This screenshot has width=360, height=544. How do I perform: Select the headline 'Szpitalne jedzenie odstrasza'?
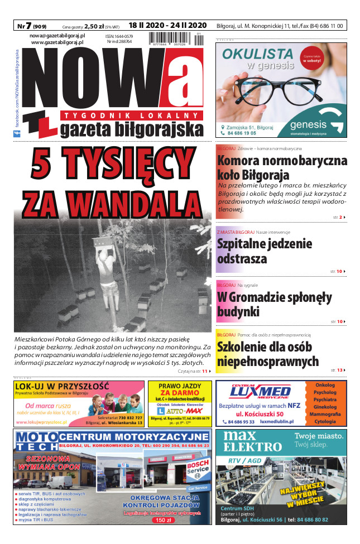pos(264,252)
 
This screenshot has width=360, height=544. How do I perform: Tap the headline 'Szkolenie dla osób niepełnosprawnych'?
pos(268,354)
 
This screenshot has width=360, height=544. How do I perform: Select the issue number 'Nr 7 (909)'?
pos(31,26)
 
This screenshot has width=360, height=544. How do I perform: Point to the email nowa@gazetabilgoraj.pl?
pos(57,35)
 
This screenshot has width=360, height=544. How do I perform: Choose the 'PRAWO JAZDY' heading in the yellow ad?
pos(180,386)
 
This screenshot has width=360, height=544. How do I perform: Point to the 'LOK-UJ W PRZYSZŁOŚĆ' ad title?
pos(63,386)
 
